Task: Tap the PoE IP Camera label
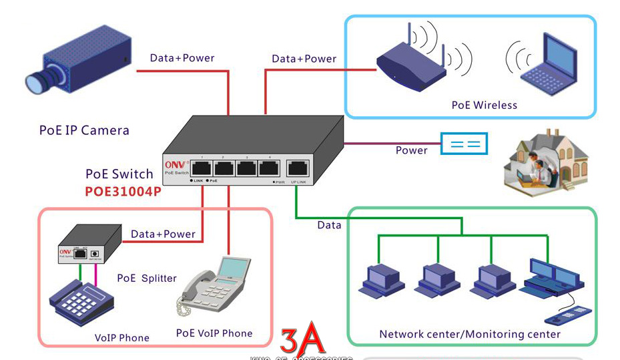(x=84, y=130)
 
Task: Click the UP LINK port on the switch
(x=298, y=168)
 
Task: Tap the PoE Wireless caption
(x=484, y=105)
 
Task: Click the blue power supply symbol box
(x=464, y=144)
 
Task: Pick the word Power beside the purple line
(x=411, y=150)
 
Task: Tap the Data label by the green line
(x=329, y=225)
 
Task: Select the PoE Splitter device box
(x=89, y=245)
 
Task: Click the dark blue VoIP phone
(x=80, y=303)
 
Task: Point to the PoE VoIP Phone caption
(x=214, y=333)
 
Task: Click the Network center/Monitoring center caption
(x=470, y=334)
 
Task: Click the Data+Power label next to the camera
(x=182, y=58)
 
